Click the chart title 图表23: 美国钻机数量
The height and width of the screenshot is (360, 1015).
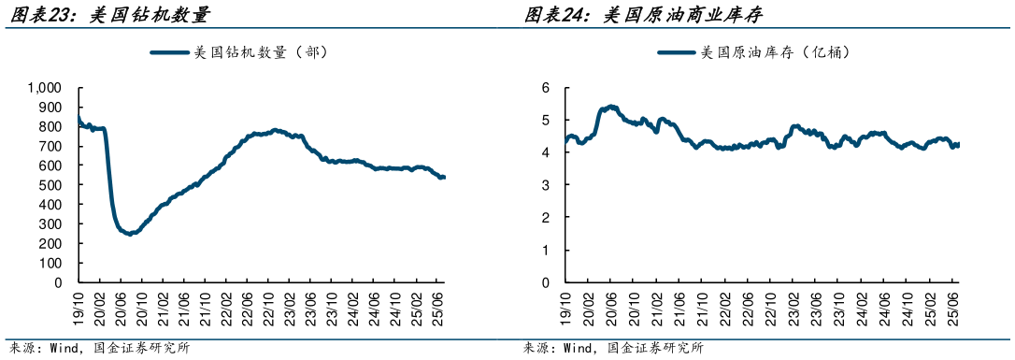(107, 14)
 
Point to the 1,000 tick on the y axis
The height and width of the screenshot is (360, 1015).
(45, 88)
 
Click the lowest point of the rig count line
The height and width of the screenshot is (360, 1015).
(130, 234)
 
